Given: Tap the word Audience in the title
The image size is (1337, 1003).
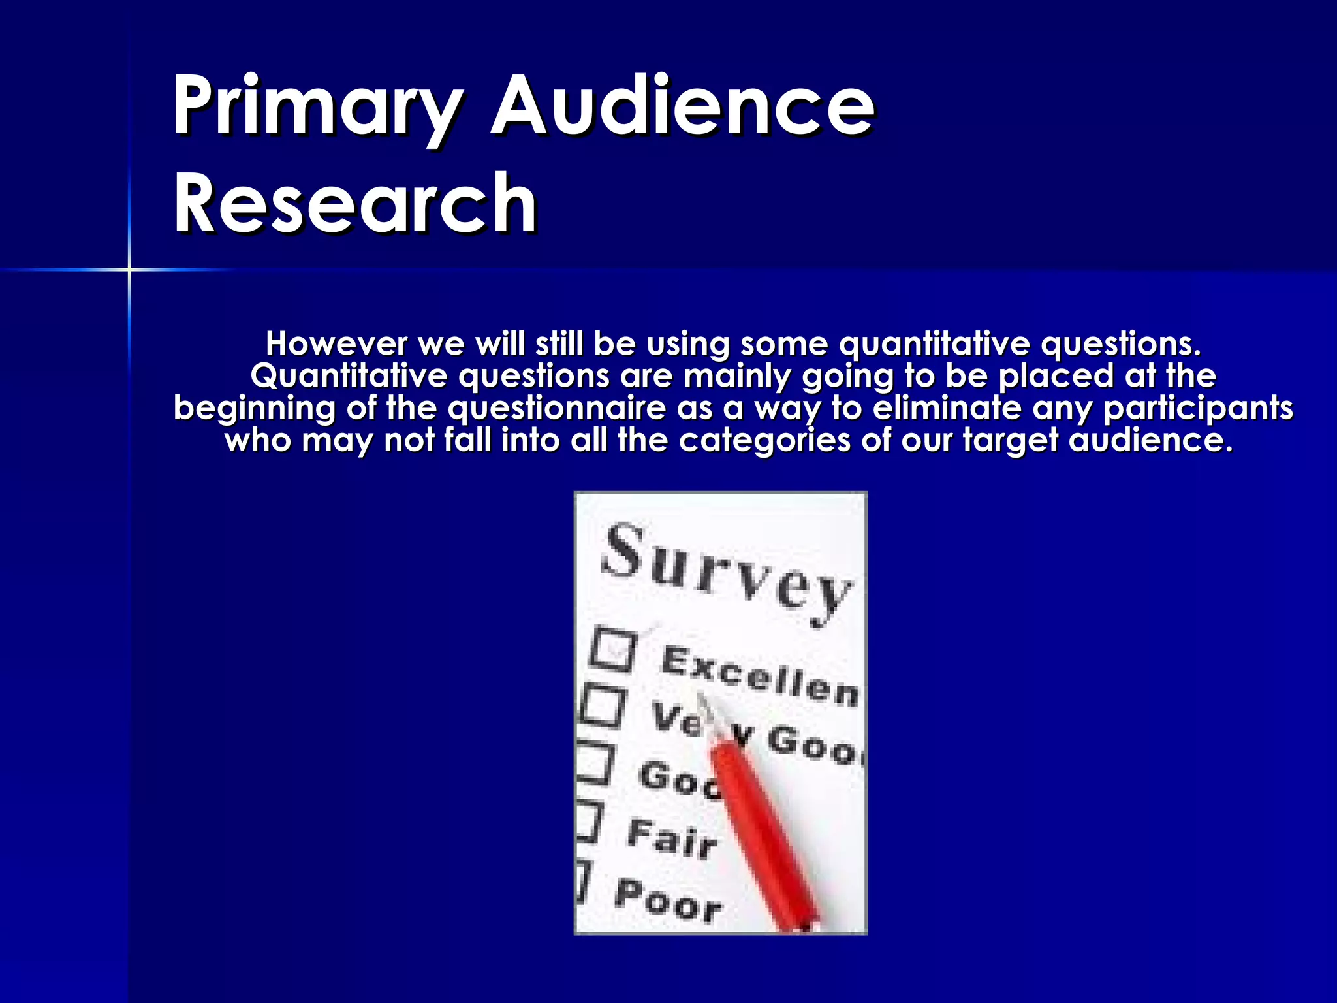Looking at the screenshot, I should [682, 106].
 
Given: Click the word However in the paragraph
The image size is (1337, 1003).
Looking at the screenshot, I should [336, 343].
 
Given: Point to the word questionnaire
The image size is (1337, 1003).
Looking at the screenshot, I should [557, 408].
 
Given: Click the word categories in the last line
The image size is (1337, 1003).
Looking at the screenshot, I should [764, 440].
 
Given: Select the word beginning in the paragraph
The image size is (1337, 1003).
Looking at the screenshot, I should [255, 408].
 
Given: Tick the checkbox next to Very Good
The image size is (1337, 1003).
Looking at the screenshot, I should [603, 707].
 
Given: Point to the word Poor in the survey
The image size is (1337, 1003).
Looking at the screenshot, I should [667, 900].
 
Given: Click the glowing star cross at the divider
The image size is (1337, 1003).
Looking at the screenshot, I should [129, 269].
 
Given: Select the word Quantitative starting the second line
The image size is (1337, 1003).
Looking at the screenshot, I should [349, 376].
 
